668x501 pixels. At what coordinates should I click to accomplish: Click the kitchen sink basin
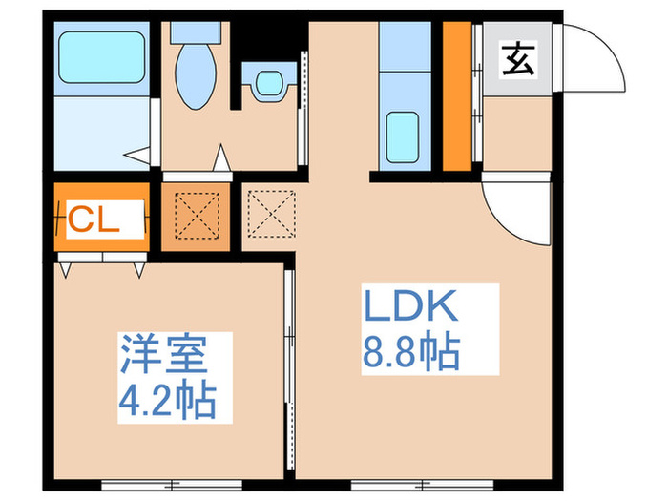405,136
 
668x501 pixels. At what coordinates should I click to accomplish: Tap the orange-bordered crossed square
195,217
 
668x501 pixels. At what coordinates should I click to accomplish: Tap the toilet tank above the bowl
197,30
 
